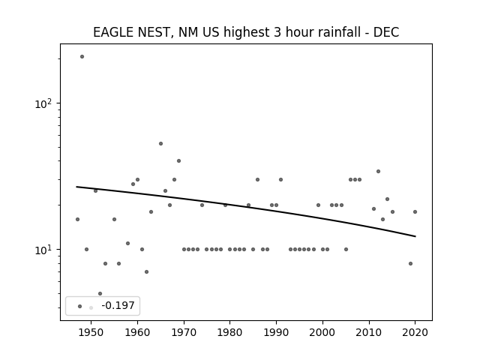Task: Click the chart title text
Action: click(x=246, y=32)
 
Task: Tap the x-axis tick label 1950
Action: click(x=91, y=332)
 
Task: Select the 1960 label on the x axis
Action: click(x=137, y=332)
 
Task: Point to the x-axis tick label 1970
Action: click(x=184, y=332)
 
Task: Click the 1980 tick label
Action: click(x=229, y=332)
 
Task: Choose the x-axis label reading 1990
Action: click(x=276, y=332)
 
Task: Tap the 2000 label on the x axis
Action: click(x=322, y=332)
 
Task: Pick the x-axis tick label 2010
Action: click(x=369, y=332)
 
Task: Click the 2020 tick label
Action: click(x=415, y=332)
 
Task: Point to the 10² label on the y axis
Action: click(x=43, y=103)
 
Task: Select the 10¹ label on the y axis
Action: click(x=43, y=250)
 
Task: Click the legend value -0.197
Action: click(x=118, y=305)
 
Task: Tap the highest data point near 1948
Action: click(x=82, y=57)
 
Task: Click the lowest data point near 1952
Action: click(x=100, y=293)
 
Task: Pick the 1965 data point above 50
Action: click(x=160, y=143)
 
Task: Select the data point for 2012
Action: click(x=378, y=172)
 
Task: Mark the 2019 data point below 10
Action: click(x=410, y=263)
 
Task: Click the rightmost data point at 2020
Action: click(x=415, y=211)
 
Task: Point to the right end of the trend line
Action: click(x=415, y=236)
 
